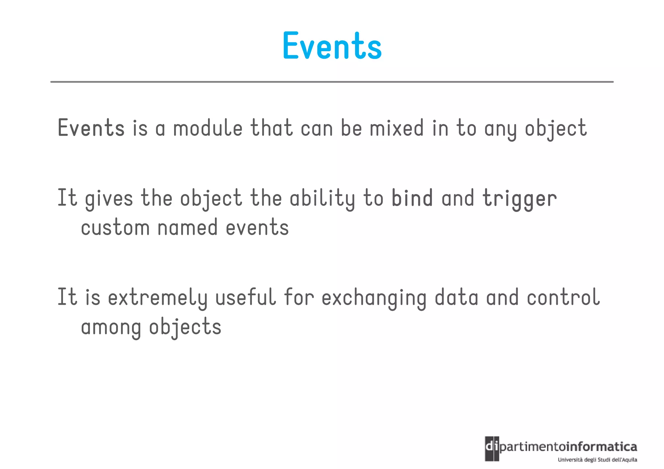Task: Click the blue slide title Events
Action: [332, 46]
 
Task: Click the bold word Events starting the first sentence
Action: [91, 128]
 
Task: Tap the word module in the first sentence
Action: [207, 128]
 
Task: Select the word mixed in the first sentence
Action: [397, 128]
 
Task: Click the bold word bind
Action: [412, 198]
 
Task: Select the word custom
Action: [115, 228]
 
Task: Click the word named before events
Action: [187, 228]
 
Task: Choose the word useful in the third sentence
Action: [245, 298]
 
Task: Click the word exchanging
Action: [374, 298]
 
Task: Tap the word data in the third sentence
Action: [456, 298]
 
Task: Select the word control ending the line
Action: [563, 298]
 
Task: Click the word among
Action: [111, 327]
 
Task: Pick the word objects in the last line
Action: [185, 327]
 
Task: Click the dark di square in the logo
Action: [492, 448]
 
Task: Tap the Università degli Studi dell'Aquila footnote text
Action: [597, 460]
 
